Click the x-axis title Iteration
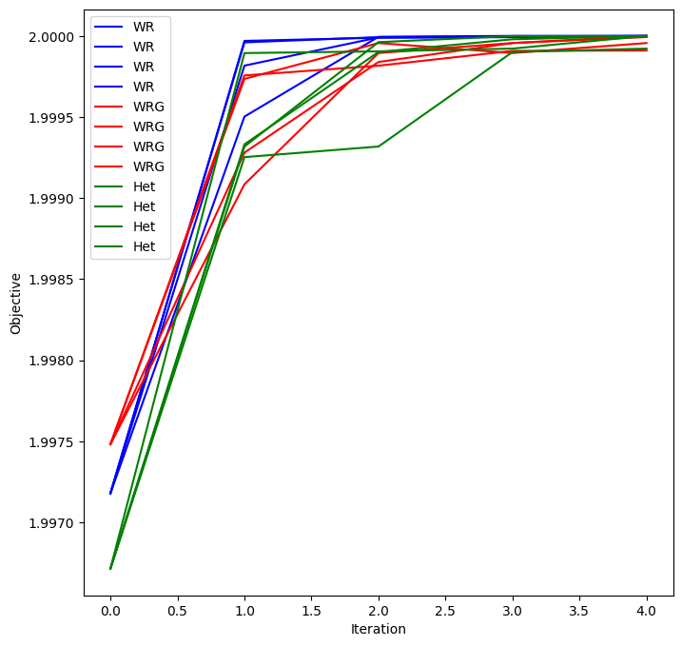tap(379, 629)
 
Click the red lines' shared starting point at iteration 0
tap(110, 444)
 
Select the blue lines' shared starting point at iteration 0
tap(110, 493)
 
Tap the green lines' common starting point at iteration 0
tap(110, 569)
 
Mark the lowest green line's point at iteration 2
tap(379, 147)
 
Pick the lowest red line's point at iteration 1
tap(244, 184)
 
